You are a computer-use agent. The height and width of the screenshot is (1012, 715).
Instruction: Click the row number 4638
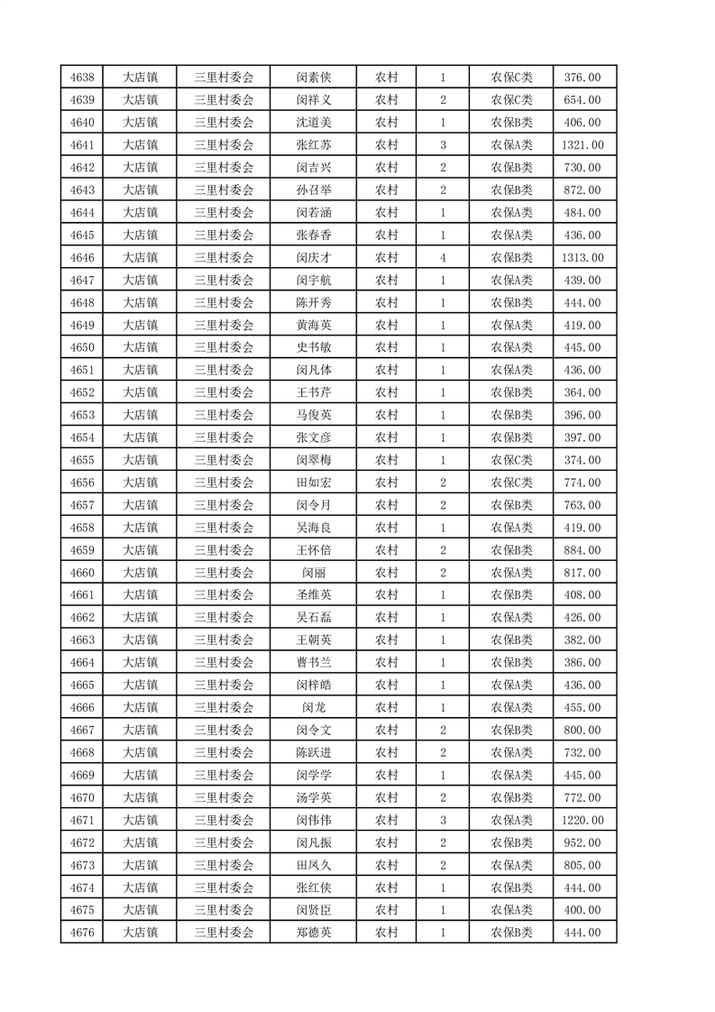(82, 78)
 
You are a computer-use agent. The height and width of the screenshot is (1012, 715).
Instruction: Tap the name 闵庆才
(314, 258)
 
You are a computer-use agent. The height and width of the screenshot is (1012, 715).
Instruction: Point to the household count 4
(443, 258)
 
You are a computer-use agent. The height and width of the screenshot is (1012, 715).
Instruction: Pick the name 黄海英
(314, 326)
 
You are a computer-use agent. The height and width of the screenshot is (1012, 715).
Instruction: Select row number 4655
(82, 460)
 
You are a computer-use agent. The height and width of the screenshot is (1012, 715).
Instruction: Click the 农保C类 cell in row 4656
(511, 483)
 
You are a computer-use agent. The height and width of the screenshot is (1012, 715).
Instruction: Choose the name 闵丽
(314, 573)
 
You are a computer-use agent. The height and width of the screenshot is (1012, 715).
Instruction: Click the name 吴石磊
(314, 618)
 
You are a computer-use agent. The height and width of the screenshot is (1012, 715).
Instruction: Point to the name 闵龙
(314, 708)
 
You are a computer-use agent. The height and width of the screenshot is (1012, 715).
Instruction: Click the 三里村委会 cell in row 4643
(225, 190)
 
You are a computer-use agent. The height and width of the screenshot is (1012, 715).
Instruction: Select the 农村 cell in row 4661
(387, 595)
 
